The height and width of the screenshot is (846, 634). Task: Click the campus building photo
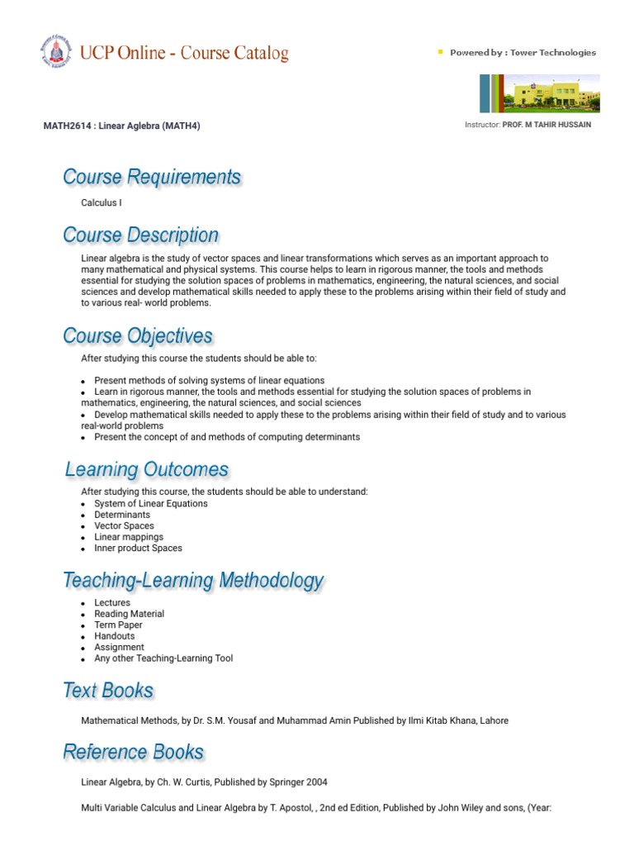(x=540, y=93)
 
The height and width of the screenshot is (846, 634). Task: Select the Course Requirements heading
(x=152, y=177)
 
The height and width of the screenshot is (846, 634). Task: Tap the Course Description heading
(x=141, y=235)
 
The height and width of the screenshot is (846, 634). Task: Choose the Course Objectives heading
(x=138, y=336)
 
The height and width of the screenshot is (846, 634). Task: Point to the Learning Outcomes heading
(x=147, y=470)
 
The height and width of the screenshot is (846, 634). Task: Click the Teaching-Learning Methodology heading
(x=193, y=581)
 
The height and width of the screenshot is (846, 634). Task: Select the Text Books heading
(x=108, y=691)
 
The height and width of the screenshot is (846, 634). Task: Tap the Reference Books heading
(x=133, y=752)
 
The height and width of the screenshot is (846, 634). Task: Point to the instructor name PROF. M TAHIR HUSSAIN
(x=546, y=125)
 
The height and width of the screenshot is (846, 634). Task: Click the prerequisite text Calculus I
(x=102, y=202)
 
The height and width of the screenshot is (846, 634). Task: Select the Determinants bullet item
(x=122, y=515)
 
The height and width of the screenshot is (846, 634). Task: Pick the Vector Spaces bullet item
(x=124, y=525)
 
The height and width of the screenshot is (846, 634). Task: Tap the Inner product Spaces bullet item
(x=138, y=548)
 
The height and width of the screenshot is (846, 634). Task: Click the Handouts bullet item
(x=114, y=636)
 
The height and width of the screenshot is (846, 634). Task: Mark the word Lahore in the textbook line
(x=494, y=720)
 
